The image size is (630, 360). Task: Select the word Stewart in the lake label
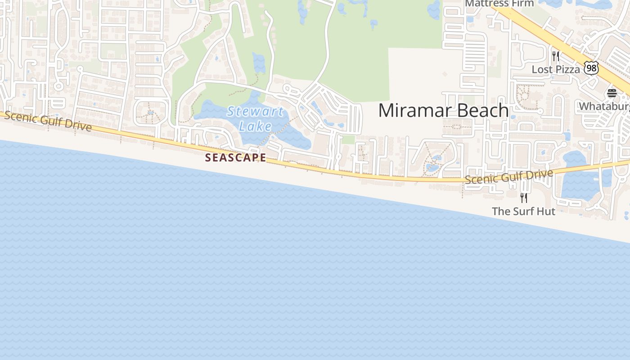coord(255,111)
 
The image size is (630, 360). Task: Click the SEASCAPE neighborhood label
coord(235,157)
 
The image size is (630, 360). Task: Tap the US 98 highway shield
coord(591,68)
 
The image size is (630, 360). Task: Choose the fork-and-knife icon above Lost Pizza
coord(556,56)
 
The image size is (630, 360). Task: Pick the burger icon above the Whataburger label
coord(612,93)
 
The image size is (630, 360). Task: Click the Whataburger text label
coord(604,106)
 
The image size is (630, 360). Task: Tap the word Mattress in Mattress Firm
coord(484,4)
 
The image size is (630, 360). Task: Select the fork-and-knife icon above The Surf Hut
coord(524,198)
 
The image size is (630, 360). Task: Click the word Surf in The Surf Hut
coord(523,211)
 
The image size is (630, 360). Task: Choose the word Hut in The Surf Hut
coord(546,211)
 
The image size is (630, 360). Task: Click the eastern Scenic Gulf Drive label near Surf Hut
coord(508,176)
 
